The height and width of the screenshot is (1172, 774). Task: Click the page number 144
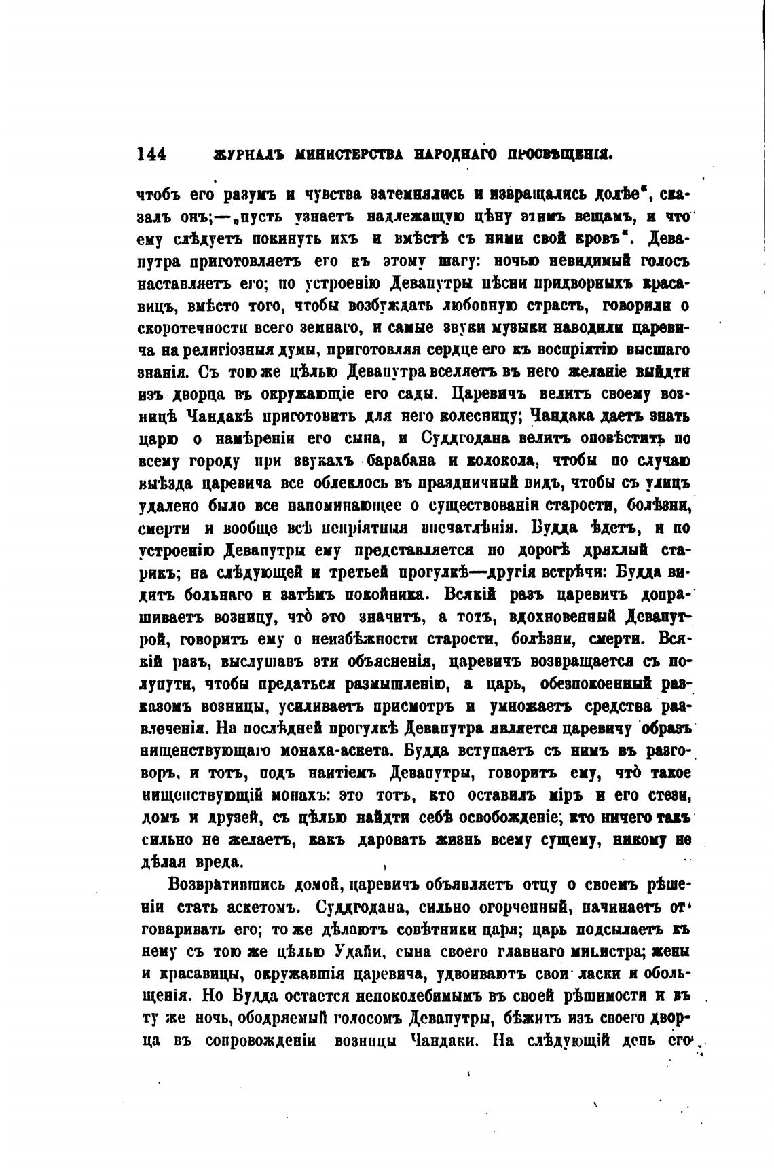151,155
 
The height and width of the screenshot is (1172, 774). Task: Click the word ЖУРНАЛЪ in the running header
237,155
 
